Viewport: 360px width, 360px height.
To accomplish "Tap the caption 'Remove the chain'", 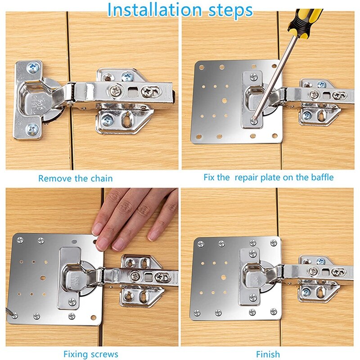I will tap(75, 178).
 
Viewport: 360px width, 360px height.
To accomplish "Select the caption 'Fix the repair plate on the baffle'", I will tap(269, 177).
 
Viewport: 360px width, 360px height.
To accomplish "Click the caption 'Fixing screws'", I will tap(91, 354).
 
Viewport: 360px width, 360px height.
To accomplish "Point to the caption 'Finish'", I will tap(268, 354).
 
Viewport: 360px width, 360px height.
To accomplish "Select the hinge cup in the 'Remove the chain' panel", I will tap(38, 99).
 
